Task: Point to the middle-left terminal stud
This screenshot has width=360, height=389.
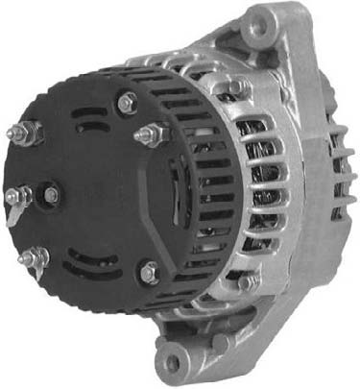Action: click(13, 197)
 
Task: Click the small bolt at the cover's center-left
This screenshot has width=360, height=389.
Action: click(50, 195)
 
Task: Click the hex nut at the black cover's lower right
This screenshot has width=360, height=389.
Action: click(149, 273)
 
